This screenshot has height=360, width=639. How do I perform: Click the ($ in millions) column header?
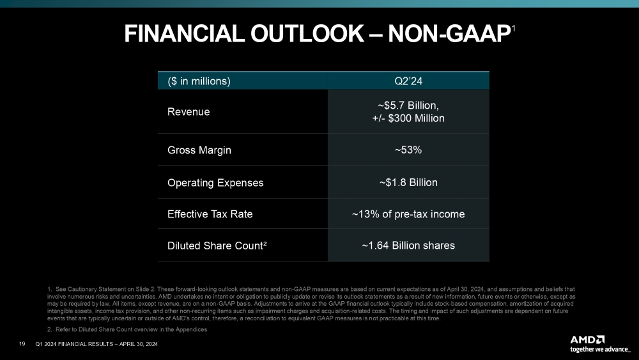(x=199, y=81)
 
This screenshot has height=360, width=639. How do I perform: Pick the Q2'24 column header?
(x=408, y=81)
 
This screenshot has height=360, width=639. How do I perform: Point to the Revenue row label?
(x=189, y=112)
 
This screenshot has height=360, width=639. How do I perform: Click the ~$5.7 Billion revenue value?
(x=408, y=106)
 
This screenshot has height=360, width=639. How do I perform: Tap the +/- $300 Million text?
(x=408, y=118)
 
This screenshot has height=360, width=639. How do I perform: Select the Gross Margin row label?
(x=199, y=150)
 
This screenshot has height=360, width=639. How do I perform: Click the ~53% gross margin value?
(x=408, y=150)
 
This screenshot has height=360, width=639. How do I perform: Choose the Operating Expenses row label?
(x=215, y=182)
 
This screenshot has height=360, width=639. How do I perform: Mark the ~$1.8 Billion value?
(x=408, y=182)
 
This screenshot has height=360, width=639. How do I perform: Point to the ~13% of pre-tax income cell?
(x=408, y=214)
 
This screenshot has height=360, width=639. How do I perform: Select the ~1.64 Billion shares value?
(x=408, y=245)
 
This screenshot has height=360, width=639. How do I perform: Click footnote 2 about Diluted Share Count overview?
(x=127, y=329)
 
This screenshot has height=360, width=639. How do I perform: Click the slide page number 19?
(x=22, y=345)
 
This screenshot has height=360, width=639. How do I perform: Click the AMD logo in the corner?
(x=589, y=340)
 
